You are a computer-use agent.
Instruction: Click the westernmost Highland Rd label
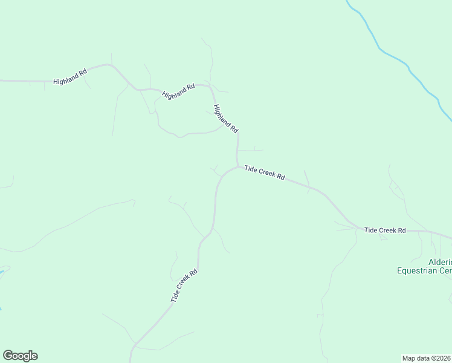[x=70, y=76]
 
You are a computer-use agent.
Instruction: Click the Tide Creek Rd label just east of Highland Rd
[x=265, y=172]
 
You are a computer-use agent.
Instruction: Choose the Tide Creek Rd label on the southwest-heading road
[x=184, y=286]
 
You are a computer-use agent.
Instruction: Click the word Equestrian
[x=419, y=270]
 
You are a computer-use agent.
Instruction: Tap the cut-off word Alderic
[x=439, y=262]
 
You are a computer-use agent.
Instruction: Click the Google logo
[x=20, y=356]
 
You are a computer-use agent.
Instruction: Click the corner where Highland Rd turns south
[x=211, y=88]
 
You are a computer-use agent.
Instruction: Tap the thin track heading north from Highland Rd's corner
[x=211, y=60]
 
